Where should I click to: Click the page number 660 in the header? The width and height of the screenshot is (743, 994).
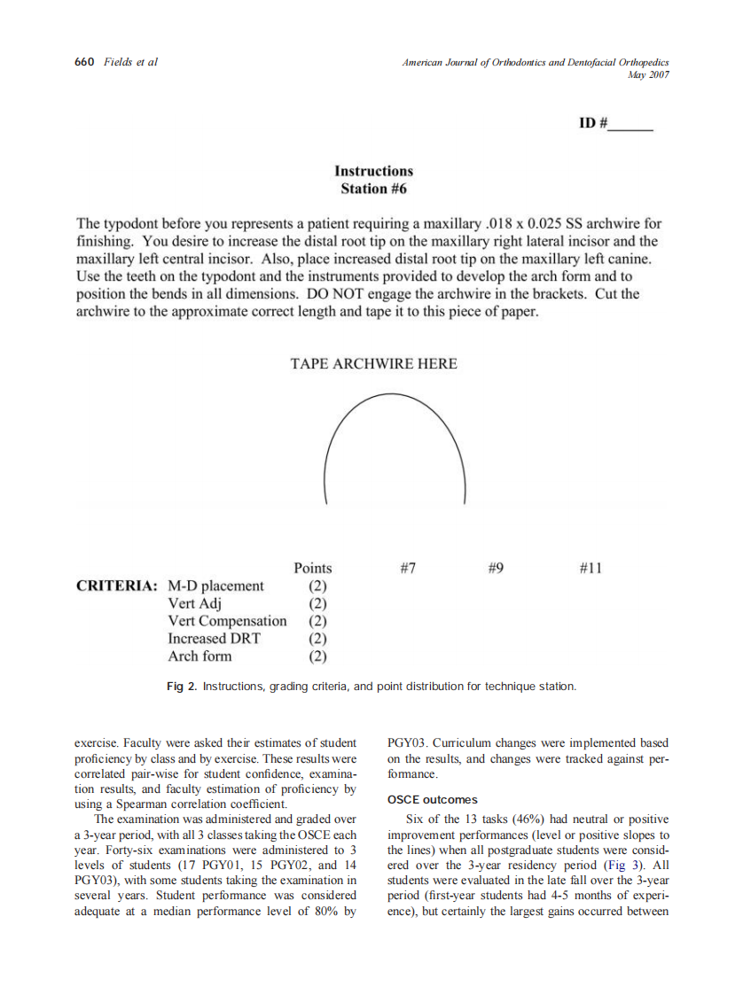(x=83, y=62)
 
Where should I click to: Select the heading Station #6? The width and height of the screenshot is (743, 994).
(x=373, y=189)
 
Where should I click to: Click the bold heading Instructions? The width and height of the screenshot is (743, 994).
(x=373, y=171)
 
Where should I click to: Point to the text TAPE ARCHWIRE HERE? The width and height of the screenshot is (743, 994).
(x=373, y=364)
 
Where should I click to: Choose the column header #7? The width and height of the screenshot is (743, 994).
(x=408, y=569)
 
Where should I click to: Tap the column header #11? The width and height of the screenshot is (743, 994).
(x=590, y=569)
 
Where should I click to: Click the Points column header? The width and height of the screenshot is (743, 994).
(x=313, y=569)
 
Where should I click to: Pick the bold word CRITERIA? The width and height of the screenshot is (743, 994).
(x=117, y=586)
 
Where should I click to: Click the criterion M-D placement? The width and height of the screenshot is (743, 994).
(x=215, y=586)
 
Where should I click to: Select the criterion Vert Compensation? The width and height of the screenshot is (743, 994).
(x=227, y=621)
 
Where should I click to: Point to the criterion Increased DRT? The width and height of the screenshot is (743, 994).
(x=215, y=638)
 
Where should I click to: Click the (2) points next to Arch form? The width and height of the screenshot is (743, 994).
(x=317, y=656)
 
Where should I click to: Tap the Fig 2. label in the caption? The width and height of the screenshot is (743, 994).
(x=183, y=687)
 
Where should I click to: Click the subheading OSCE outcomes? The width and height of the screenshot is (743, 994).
(x=433, y=800)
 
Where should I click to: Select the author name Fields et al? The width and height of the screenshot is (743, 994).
(x=130, y=62)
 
